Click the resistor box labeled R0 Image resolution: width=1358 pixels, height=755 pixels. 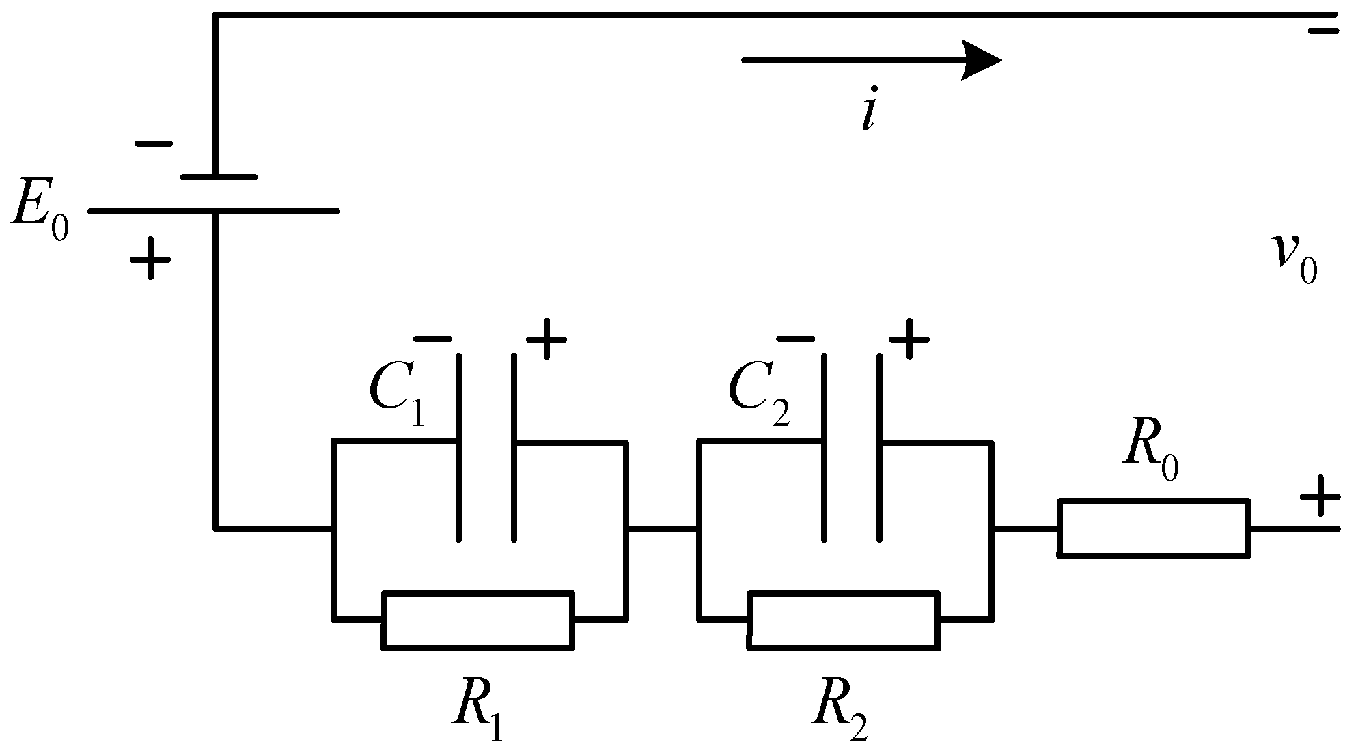click(1154, 528)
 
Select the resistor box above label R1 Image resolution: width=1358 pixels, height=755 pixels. click(477, 619)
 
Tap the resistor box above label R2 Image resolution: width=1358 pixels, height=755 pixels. click(844, 619)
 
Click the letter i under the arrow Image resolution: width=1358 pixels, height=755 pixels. click(868, 113)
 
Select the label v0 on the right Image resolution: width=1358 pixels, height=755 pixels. click(1293, 258)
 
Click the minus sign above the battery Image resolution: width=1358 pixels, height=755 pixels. click(154, 144)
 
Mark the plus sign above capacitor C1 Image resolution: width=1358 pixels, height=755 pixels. click(546, 339)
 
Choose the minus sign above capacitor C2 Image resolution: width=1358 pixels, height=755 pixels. click(796, 339)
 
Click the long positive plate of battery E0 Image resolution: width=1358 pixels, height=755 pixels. click(214, 212)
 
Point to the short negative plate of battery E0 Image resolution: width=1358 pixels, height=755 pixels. click(219, 177)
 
